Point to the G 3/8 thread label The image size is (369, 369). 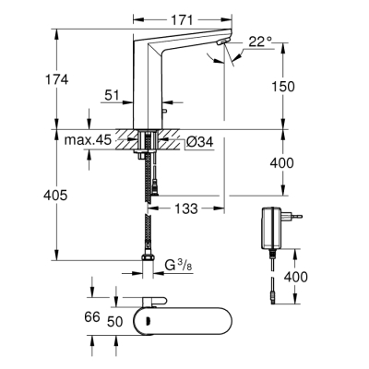pyautogui.click(x=179, y=268)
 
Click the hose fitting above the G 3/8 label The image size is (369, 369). pyautogui.click(x=149, y=256)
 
